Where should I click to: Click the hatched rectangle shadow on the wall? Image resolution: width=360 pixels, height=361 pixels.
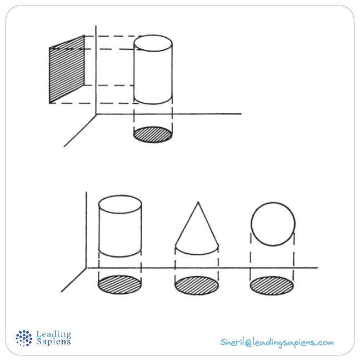[x=67, y=69]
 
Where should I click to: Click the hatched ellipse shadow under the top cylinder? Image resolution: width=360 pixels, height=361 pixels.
[x=153, y=134]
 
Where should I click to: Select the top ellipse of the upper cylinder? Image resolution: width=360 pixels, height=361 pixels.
[x=153, y=43]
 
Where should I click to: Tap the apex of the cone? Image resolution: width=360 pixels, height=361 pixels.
[x=198, y=202]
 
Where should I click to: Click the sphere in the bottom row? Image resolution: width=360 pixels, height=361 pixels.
[x=273, y=224]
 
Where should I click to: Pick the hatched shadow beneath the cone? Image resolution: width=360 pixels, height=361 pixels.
[x=197, y=285]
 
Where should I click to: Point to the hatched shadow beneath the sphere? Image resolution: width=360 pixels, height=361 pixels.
[x=272, y=285]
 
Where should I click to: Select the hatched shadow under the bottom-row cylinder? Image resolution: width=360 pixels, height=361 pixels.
[x=120, y=285]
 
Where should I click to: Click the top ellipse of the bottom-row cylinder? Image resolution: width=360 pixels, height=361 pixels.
[x=120, y=204]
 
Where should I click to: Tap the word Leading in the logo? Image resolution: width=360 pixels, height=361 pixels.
[x=54, y=334]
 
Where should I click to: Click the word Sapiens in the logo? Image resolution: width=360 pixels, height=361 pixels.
[x=54, y=341]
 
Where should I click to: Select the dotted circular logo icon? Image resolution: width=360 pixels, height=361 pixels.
[x=24, y=338]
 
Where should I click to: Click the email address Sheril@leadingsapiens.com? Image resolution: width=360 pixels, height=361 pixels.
[x=277, y=342]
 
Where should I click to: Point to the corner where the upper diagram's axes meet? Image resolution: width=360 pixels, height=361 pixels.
[x=96, y=114]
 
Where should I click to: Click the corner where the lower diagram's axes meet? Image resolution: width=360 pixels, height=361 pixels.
[x=86, y=268]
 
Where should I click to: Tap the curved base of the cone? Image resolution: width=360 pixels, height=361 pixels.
[x=197, y=254]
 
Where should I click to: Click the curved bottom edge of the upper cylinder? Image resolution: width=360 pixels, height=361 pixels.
[x=153, y=104]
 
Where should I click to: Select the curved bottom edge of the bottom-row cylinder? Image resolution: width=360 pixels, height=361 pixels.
[x=120, y=256]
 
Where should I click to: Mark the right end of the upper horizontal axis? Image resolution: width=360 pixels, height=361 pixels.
[x=241, y=114]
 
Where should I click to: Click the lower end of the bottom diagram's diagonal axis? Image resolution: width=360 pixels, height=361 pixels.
[x=61, y=292]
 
